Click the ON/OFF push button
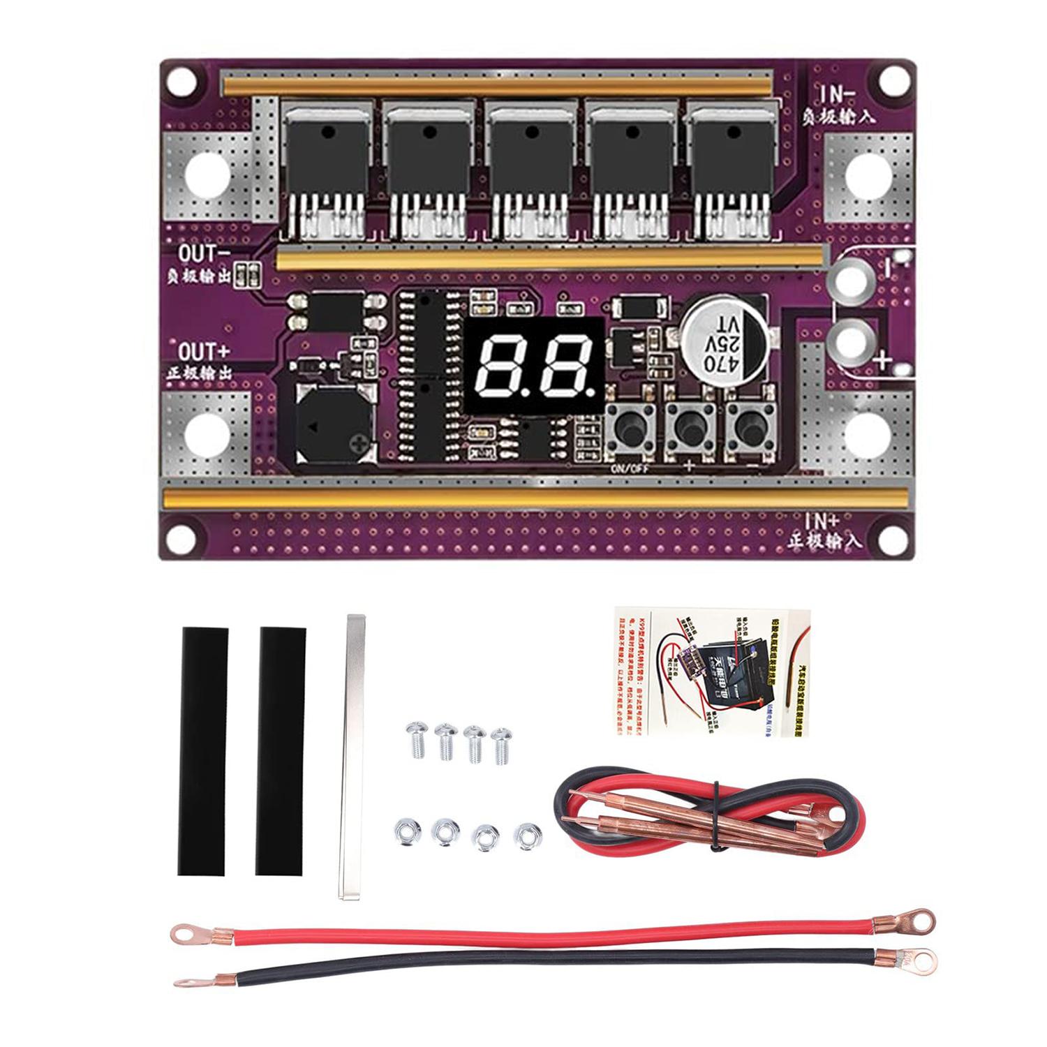(629, 425)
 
